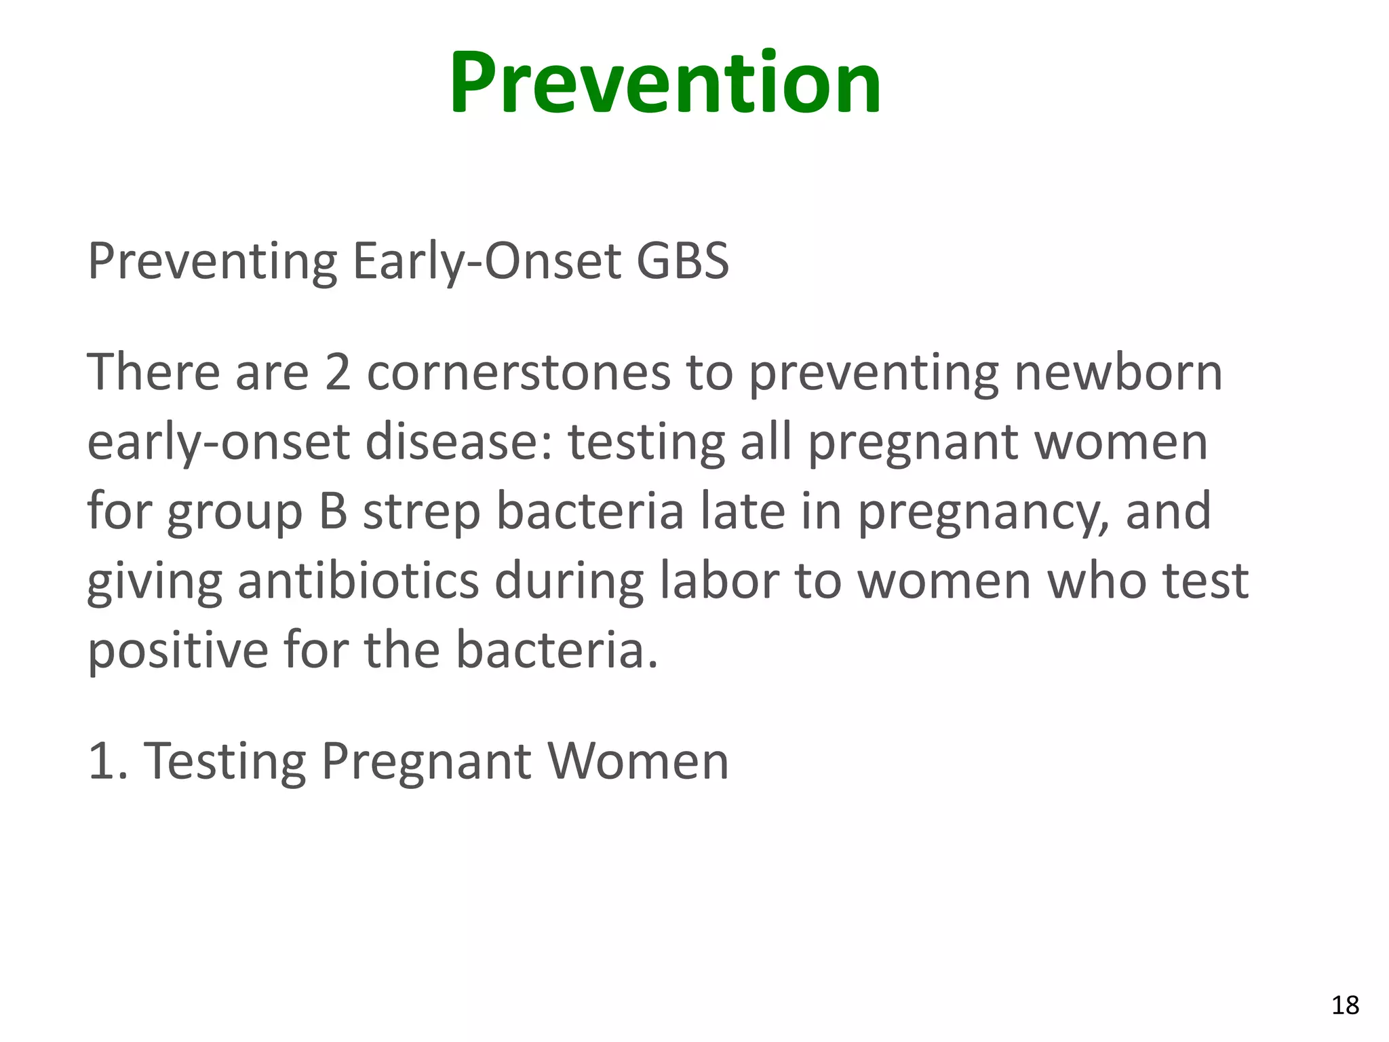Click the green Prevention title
point(665,83)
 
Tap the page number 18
point(1345,1005)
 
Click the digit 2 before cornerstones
point(337,372)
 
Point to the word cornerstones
point(518,372)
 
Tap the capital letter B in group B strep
point(333,512)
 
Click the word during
point(568,582)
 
